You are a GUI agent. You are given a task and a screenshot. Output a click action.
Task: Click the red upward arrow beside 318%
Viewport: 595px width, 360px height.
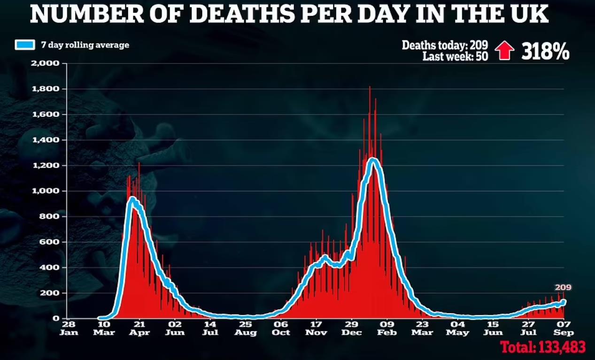pyautogui.click(x=505, y=51)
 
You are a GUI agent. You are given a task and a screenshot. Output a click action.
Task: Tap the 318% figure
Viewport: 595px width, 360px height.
pyautogui.click(x=545, y=51)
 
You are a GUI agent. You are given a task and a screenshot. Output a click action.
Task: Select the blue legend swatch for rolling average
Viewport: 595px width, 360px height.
pyautogui.click(x=25, y=45)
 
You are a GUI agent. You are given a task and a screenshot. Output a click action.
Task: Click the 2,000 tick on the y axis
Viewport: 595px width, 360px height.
pyautogui.click(x=46, y=63)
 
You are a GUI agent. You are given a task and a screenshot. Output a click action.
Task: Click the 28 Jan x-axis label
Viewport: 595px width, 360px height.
pyautogui.click(x=68, y=328)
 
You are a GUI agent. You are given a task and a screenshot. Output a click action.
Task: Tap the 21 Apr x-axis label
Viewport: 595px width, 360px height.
pyautogui.click(x=139, y=328)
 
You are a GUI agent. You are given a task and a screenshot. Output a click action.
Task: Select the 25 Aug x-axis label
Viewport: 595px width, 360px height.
pyautogui.click(x=246, y=328)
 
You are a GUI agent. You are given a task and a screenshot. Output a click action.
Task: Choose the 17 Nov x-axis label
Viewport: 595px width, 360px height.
pyautogui.click(x=316, y=328)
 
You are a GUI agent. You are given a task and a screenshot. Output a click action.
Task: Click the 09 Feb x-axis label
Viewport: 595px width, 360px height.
pyautogui.click(x=387, y=328)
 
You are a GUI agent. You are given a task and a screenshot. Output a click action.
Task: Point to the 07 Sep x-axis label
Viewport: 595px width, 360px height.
pyautogui.click(x=564, y=328)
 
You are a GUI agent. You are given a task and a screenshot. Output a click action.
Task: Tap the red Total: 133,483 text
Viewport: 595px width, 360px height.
pyautogui.click(x=542, y=347)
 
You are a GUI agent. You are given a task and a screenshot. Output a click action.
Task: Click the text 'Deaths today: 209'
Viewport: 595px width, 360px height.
pyautogui.click(x=445, y=46)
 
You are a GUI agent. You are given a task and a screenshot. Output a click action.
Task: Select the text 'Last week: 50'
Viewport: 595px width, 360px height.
pyautogui.click(x=455, y=56)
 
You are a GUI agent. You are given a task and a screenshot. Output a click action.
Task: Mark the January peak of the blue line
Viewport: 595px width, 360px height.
pyautogui.click(x=373, y=161)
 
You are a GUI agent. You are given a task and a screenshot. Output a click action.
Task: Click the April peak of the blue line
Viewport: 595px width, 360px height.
pyautogui.click(x=132, y=199)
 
